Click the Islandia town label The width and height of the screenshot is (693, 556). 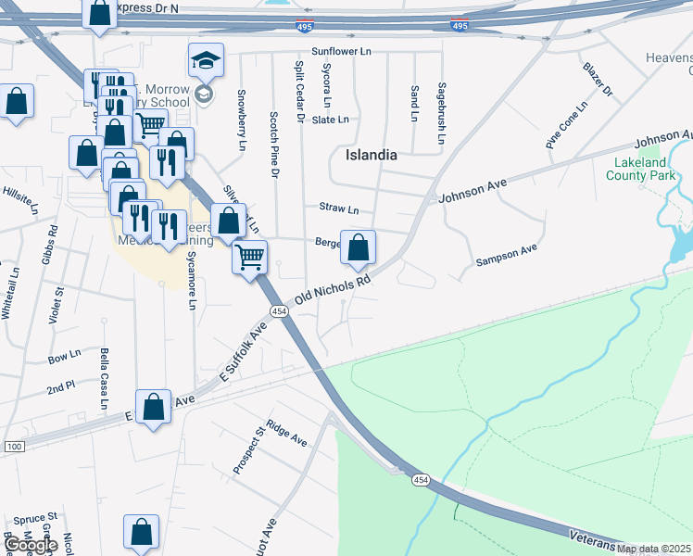pos(371,155)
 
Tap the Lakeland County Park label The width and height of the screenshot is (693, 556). pos(647,169)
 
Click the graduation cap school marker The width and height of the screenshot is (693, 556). pos(205,63)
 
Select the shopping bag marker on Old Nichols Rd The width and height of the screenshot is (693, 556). pos(358,248)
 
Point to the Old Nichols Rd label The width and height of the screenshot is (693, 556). pos(333,289)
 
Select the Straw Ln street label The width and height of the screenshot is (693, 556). pos(338,208)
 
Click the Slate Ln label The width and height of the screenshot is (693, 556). pos(331,120)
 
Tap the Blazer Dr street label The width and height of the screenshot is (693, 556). pos(598,79)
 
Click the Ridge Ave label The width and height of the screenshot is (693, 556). pos(286,433)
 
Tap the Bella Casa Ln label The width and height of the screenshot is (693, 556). pos(104,377)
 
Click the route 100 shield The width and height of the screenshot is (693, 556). pos(13,447)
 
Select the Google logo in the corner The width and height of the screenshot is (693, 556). pos(31,545)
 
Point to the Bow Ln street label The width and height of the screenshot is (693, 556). pos(64,357)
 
